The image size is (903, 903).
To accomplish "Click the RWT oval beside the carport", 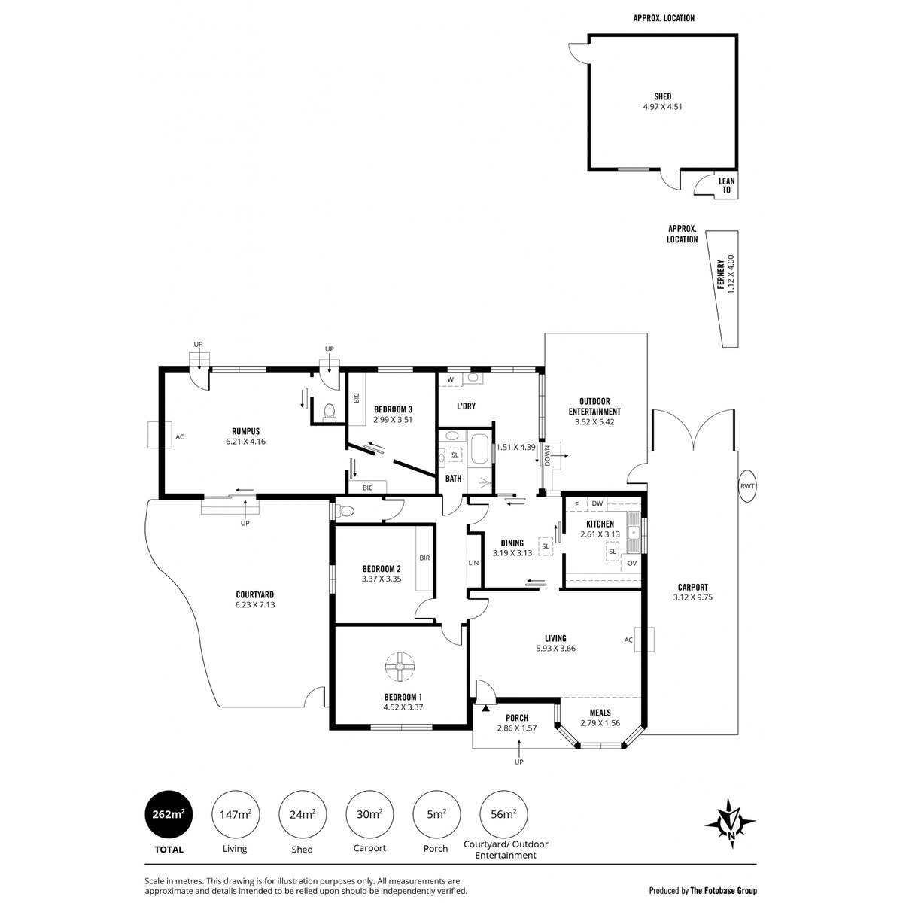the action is point(747,486).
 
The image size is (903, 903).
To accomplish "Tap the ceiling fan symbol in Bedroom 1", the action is point(400,667).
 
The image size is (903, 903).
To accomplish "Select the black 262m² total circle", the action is point(169,814).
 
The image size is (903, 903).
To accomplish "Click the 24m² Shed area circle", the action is point(303,814).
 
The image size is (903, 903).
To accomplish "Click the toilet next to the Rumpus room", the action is point(330,412).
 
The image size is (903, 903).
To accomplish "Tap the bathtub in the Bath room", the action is point(479,448).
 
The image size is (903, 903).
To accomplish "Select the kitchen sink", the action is point(634,532).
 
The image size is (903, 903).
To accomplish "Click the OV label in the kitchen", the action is point(631,564).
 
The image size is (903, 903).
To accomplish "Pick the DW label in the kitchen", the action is point(597,503).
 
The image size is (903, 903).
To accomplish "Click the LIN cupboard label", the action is point(473,562).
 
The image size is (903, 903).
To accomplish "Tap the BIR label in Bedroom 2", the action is point(424,558).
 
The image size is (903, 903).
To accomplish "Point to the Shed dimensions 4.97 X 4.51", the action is point(663,106).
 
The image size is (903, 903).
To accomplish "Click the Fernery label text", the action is point(721,275).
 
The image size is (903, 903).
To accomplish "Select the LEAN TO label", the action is point(726,185).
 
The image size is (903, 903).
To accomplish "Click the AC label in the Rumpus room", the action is point(180,436).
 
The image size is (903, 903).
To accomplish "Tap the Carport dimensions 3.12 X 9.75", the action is point(692,597).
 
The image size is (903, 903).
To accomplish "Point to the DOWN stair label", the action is point(547,455).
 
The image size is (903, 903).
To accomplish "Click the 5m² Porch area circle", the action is point(436,814).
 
